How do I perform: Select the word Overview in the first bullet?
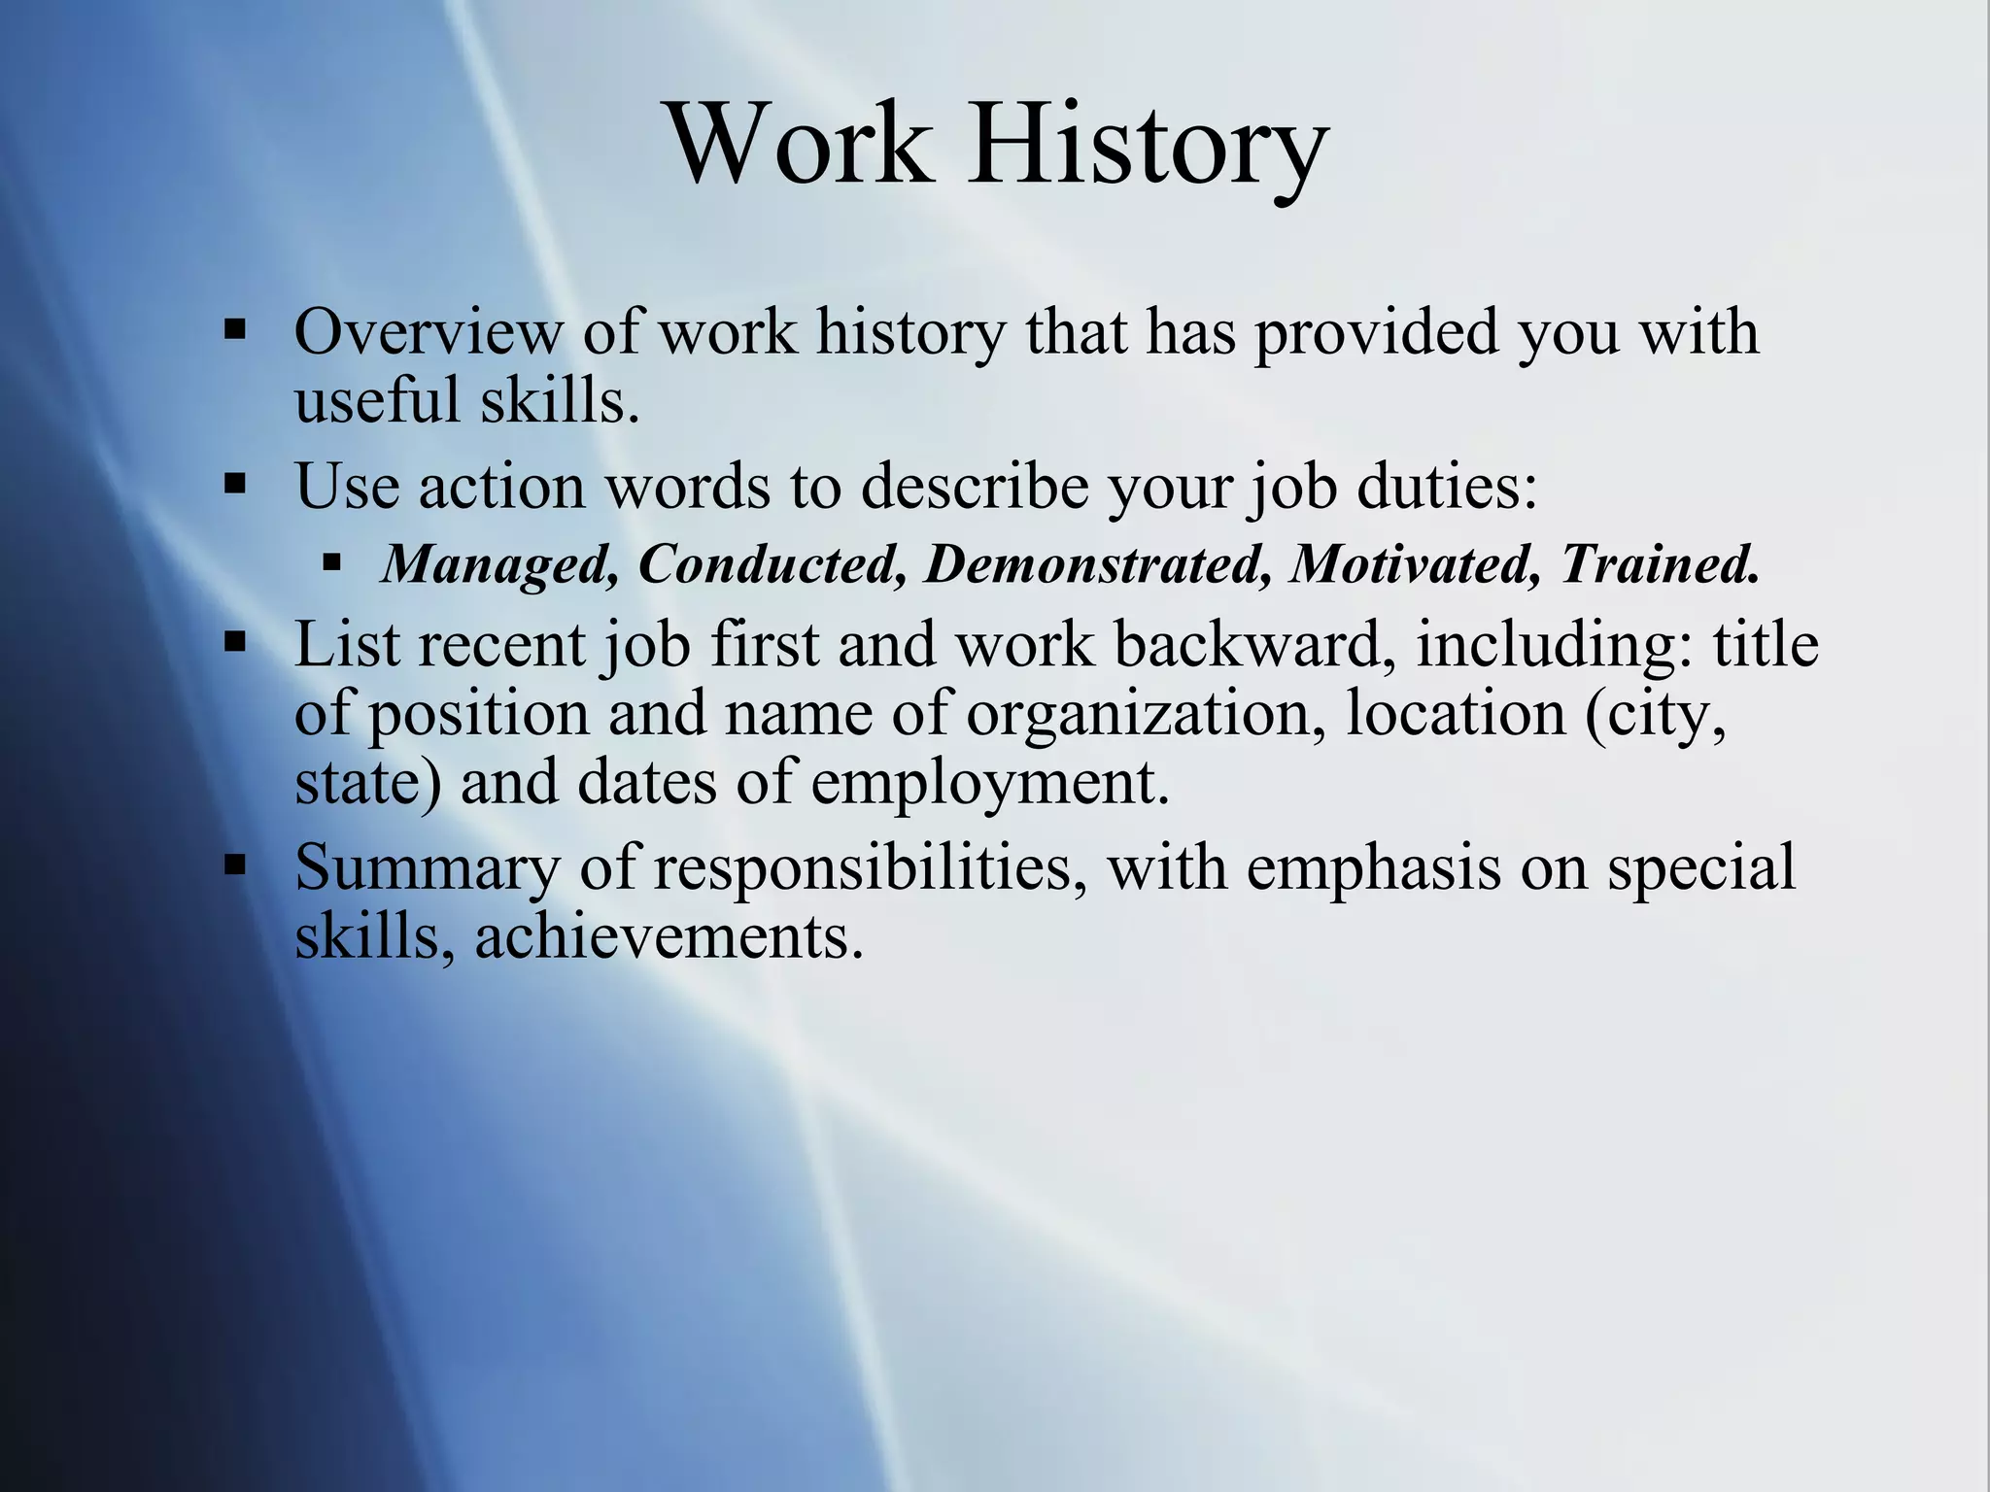tap(428, 332)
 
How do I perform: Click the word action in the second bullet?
tap(501, 486)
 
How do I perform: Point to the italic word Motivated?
tap(1415, 564)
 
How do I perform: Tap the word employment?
tap(990, 783)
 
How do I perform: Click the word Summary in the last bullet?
tap(428, 867)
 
